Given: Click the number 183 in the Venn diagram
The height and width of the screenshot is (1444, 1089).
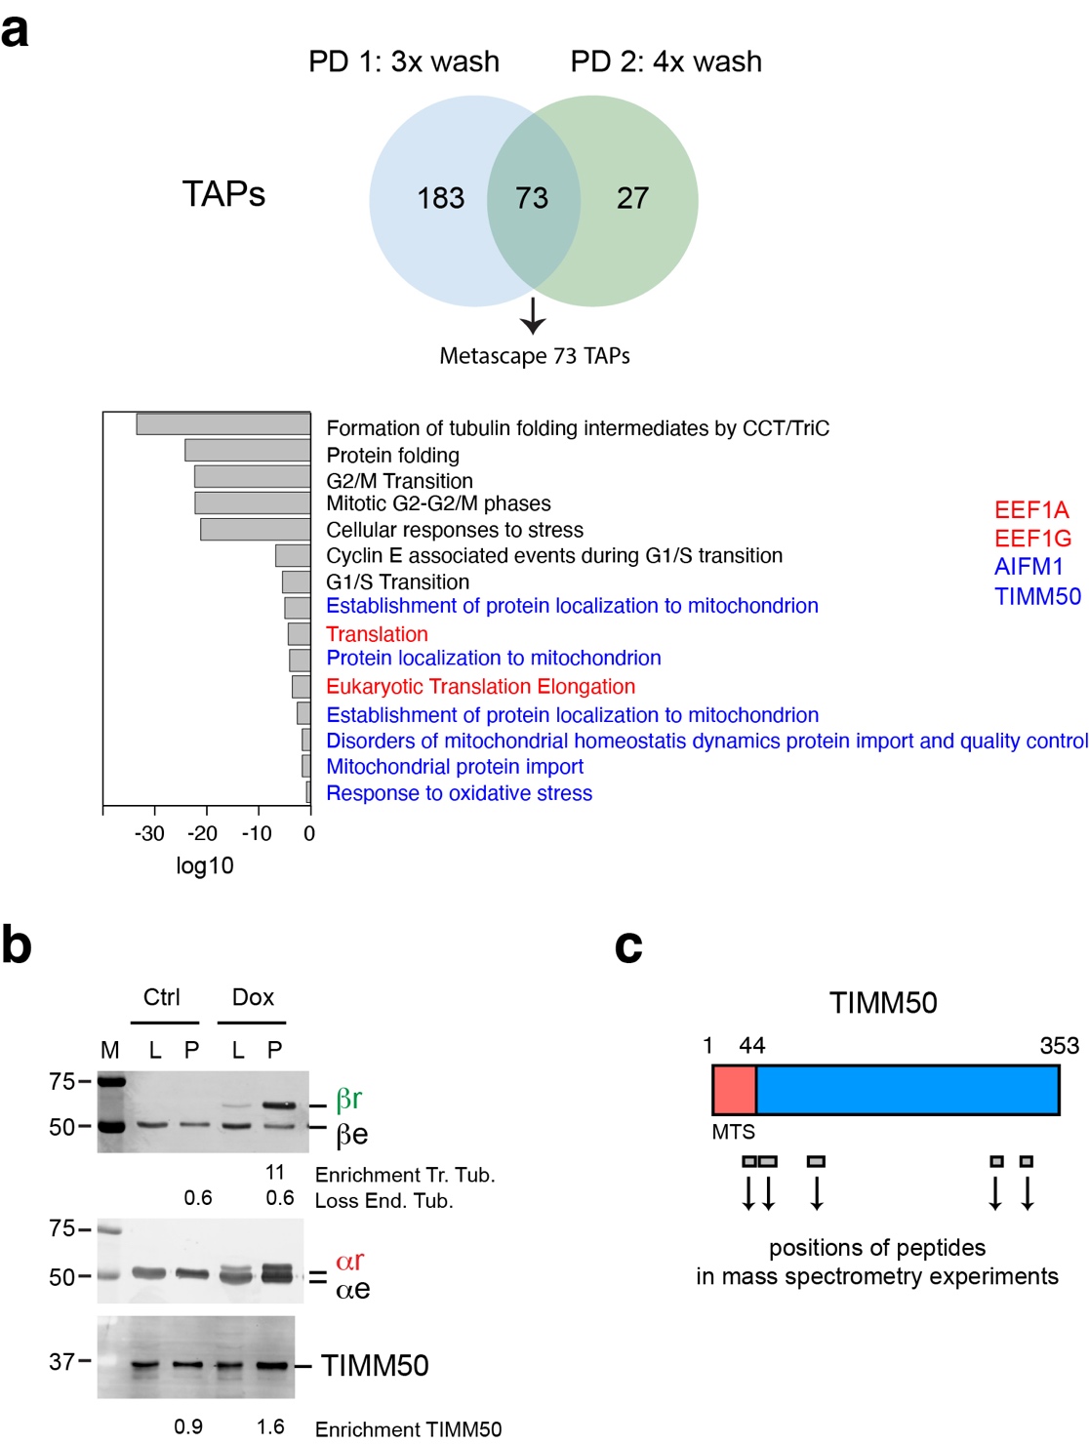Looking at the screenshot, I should (440, 198).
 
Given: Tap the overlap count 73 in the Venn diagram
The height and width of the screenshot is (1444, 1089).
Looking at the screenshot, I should (532, 198).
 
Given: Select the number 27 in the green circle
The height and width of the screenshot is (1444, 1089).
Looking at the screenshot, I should (632, 198).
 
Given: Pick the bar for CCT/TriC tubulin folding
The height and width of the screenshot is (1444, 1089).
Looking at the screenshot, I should (223, 424).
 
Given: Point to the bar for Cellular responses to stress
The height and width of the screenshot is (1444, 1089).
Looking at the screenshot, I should (255, 529).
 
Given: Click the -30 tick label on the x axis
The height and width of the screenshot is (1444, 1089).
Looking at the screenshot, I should (149, 833).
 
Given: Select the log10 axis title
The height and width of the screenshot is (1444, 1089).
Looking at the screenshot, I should (204, 865).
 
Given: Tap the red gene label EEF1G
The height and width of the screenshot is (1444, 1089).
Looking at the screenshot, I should (1032, 539).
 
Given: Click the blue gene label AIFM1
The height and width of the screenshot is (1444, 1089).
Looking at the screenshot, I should (1028, 567).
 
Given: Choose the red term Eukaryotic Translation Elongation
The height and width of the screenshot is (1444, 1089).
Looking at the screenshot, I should (480, 687).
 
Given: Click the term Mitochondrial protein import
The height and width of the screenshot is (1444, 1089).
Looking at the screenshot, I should (455, 767).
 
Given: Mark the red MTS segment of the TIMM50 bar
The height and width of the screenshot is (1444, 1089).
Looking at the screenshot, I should (735, 1090).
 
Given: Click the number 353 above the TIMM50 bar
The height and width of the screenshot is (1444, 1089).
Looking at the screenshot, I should (1059, 1046).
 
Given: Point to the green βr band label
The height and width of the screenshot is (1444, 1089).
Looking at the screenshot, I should (348, 1100).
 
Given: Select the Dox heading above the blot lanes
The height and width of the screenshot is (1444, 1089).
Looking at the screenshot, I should (253, 997).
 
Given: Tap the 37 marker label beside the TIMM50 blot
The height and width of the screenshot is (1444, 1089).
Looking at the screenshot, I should (61, 1361).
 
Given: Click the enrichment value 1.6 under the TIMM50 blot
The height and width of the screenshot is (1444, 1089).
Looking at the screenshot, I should (270, 1426).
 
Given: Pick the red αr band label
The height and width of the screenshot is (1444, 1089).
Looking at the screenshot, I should (349, 1262).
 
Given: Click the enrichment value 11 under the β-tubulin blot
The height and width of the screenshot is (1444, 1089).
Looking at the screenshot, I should (275, 1172).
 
